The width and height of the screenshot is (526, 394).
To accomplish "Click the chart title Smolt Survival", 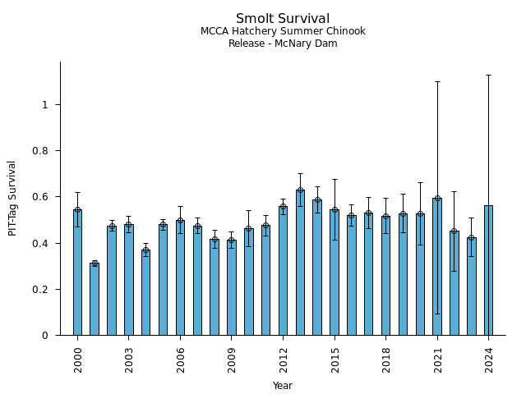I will tap(283, 19).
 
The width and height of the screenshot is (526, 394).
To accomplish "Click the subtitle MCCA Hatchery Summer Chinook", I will tap(283, 31).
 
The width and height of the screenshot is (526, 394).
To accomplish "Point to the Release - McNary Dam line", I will tap(283, 44).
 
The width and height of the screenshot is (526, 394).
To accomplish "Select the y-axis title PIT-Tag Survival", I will tap(12, 198).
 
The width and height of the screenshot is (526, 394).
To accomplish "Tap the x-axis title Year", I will tap(283, 386).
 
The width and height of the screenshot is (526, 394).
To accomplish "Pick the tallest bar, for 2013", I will tap(300, 263).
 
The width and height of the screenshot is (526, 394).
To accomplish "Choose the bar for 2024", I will tap(488, 271).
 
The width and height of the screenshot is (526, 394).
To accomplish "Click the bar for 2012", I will tap(283, 271).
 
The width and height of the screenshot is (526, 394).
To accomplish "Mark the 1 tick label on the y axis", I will tap(50, 105).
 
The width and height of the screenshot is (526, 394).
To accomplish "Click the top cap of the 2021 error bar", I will tap(437, 81).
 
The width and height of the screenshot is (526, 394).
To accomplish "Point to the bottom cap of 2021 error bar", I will tap(437, 314).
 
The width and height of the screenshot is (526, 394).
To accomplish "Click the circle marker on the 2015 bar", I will tap(335, 209).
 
